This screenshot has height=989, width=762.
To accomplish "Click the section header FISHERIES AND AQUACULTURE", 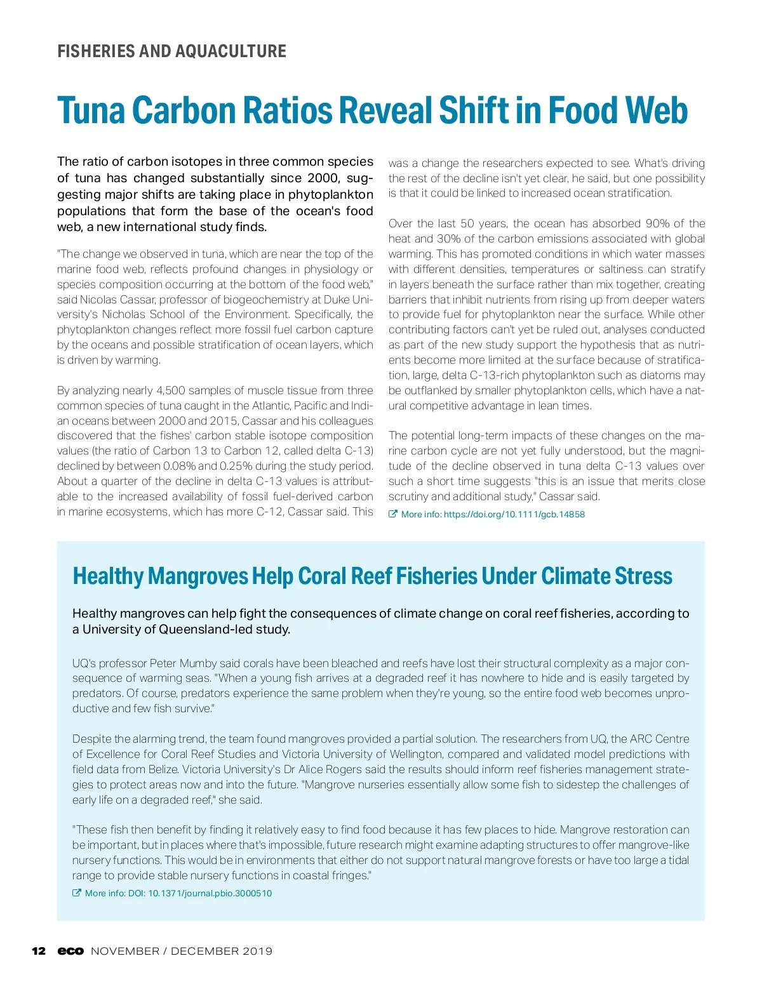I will coord(171,51).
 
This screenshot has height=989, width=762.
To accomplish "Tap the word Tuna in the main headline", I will coord(91,110).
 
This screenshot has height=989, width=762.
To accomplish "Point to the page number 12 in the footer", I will coord(39,951).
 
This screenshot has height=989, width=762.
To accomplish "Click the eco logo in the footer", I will coord(70,951).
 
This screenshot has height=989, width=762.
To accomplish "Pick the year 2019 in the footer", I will coord(257,951).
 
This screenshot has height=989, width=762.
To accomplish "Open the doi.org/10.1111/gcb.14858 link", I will coord(514,514).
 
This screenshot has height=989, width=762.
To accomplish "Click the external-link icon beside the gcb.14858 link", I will coord(393,514).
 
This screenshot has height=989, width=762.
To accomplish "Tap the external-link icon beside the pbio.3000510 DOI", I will coord(77,893).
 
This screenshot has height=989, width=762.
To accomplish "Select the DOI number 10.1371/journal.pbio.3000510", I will coord(210,893).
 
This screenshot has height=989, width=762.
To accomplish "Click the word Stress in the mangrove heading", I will coord(643,576).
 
